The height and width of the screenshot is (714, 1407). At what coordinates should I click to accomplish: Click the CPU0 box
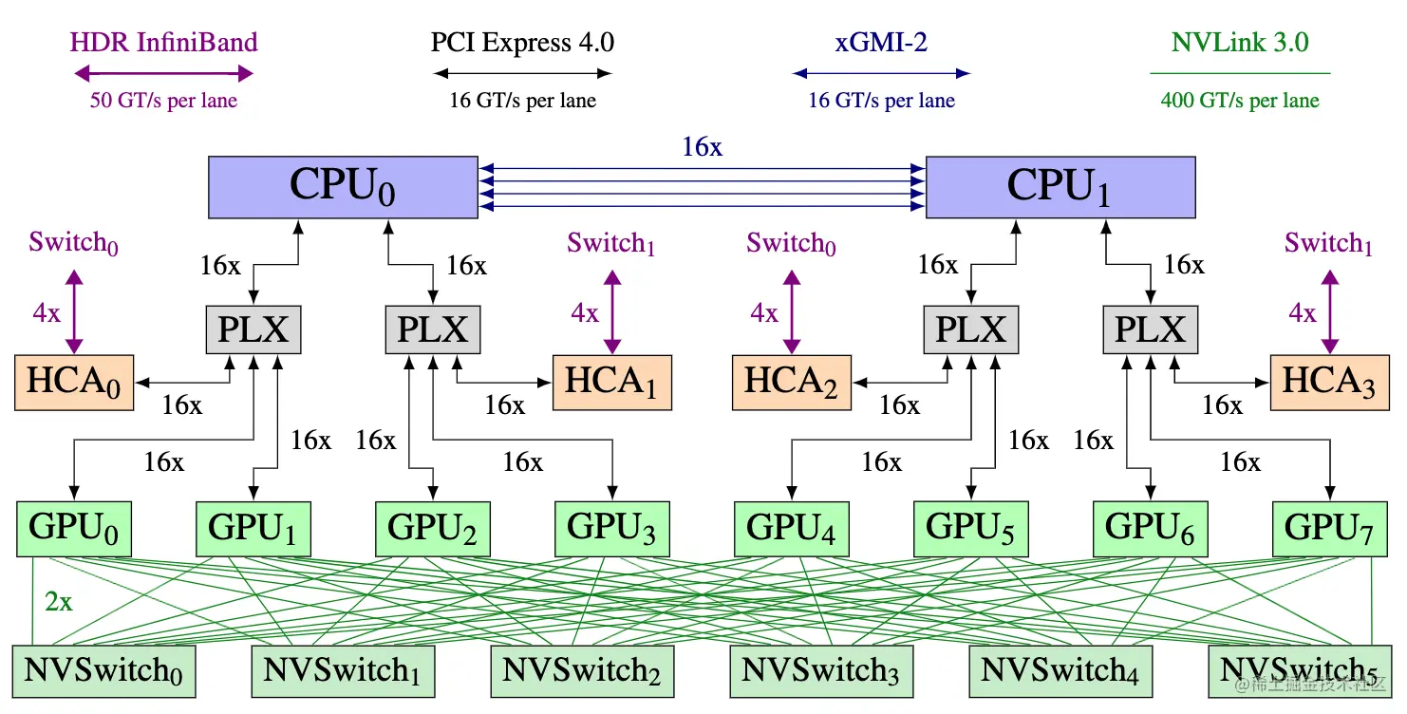pyautogui.click(x=343, y=187)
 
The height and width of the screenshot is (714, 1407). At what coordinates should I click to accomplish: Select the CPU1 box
pyautogui.click(x=1060, y=187)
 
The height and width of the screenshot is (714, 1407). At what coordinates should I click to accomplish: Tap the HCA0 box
pyautogui.click(x=74, y=383)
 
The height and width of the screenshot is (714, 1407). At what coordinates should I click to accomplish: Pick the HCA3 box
pyautogui.click(x=1330, y=383)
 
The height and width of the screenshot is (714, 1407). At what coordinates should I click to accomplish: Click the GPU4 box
pyautogui.click(x=792, y=529)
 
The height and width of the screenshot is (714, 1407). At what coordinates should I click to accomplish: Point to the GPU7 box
pyautogui.click(x=1330, y=529)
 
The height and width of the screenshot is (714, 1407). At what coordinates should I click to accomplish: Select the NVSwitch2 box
pyautogui.click(x=582, y=671)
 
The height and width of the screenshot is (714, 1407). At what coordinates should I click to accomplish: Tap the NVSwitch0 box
pyautogui.click(x=103, y=671)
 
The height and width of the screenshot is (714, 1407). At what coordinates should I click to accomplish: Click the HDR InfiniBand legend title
pyautogui.click(x=163, y=42)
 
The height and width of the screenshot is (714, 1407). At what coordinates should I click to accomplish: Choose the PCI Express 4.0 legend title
pyautogui.click(x=522, y=42)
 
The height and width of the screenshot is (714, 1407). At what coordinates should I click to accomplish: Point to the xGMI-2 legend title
pyautogui.click(x=881, y=42)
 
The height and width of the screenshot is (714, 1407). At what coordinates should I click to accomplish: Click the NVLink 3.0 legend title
pyautogui.click(x=1240, y=42)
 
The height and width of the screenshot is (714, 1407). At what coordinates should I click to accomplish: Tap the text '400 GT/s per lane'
pyautogui.click(x=1240, y=100)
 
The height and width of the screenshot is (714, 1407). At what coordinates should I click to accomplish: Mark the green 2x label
pyautogui.click(x=59, y=602)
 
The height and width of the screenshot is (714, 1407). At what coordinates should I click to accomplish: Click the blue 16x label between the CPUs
pyautogui.click(x=703, y=147)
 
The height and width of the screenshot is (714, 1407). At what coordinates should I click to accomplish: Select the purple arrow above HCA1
pyautogui.click(x=612, y=312)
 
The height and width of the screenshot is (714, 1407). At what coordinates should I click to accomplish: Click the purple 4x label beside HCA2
pyautogui.click(x=764, y=312)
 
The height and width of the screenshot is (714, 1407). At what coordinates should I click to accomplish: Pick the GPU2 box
pyautogui.click(x=433, y=529)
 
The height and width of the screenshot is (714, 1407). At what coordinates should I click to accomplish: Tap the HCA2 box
pyautogui.click(x=792, y=383)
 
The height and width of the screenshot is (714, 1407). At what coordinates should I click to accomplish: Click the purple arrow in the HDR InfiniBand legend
pyautogui.click(x=163, y=73)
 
